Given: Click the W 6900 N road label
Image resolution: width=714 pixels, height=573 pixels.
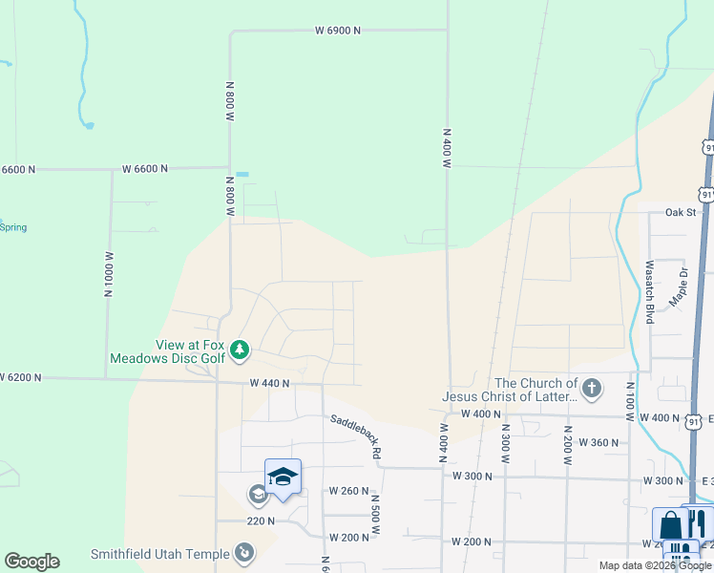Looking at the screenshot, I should tap(338, 31).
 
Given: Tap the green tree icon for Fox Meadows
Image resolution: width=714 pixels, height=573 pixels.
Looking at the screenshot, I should tap(239, 351).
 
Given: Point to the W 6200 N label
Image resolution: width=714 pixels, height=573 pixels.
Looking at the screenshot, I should tap(21, 378).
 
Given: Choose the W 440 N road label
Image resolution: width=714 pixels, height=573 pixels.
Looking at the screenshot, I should tap(269, 383).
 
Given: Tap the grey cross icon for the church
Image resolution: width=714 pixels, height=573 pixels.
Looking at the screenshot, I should tap(592, 389).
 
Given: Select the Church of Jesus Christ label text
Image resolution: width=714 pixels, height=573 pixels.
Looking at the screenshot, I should tap(510, 390).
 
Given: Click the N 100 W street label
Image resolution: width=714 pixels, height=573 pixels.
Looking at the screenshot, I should tap(630, 400).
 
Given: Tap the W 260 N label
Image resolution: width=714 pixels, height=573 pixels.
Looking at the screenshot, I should tap(348, 491).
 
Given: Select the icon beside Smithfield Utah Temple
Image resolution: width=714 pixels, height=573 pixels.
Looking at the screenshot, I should tap(244, 553).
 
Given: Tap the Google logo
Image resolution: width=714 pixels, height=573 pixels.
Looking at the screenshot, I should tap(31, 562).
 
